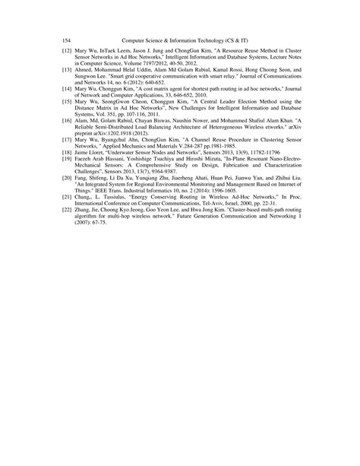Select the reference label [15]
(67, 100)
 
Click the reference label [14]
(67, 89)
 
